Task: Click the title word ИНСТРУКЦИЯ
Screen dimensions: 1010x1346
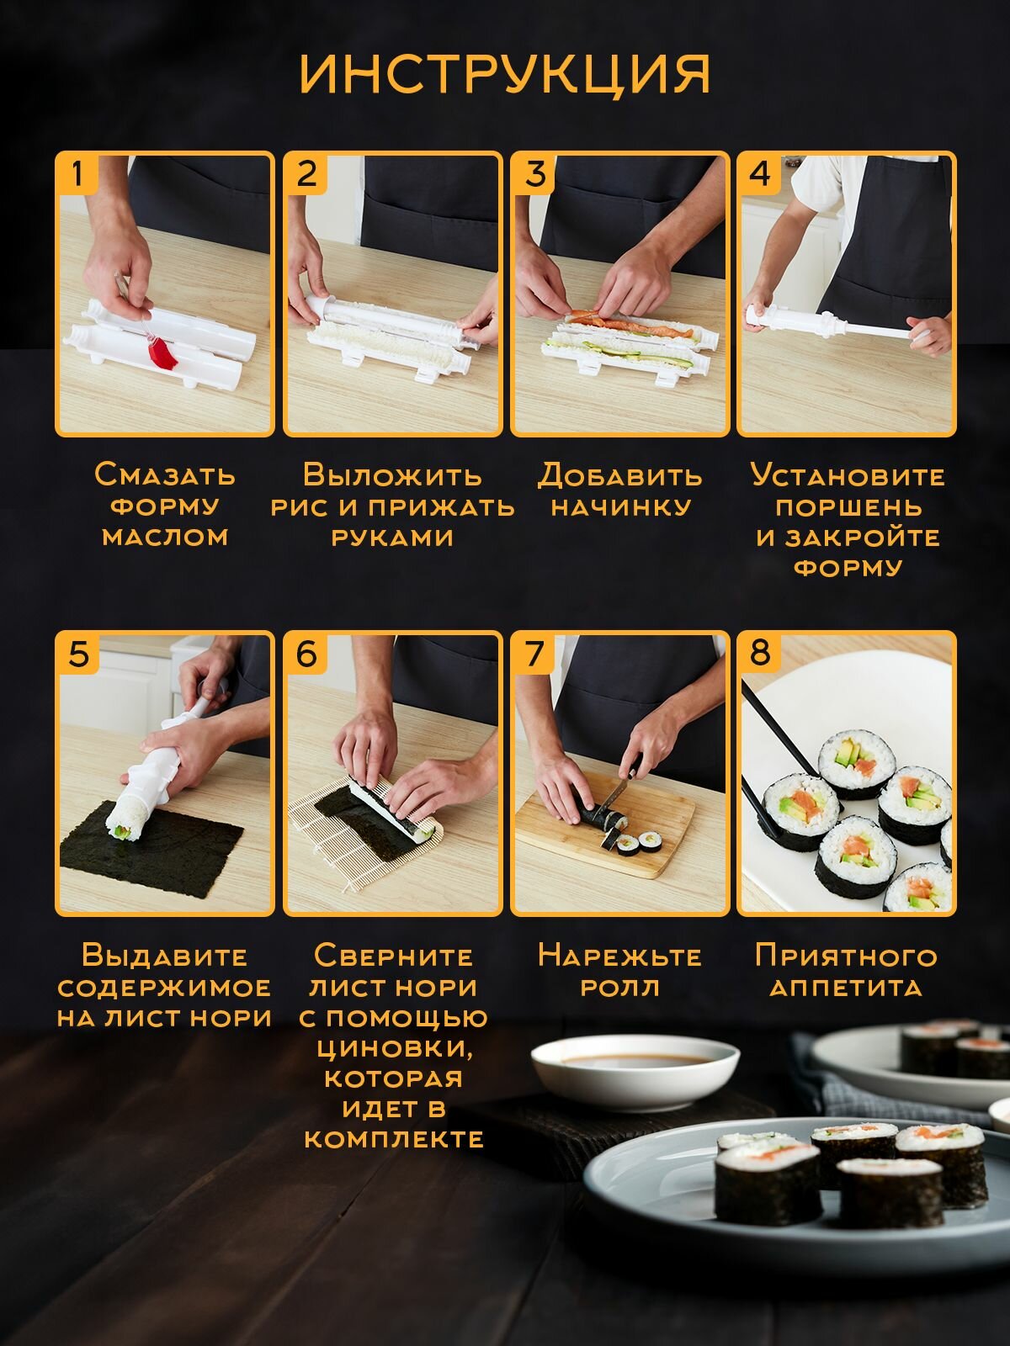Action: pyautogui.click(x=505, y=74)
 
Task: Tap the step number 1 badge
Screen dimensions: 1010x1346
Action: pyautogui.click(x=77, y=173)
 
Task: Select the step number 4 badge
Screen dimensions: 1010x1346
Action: pyautogui.click(x=759, y=173)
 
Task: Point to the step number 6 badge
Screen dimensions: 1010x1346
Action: pyautogui.click(x=306, y=654)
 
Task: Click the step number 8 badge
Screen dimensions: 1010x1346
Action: pyautogui.click(x=759, y=654)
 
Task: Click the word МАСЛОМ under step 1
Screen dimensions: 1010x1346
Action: pyautogui.click(x=165, y=538)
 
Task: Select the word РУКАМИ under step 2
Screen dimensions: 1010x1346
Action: pyautogui.click(x=392, y=538)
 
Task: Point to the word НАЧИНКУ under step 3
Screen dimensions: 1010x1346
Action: pyautogui.click(x=620, y=507)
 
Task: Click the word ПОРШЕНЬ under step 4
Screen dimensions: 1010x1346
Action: pyautogui.click(x=848, y=507)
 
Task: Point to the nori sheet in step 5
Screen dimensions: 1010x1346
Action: pyautogui.click(x=151, y=845)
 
